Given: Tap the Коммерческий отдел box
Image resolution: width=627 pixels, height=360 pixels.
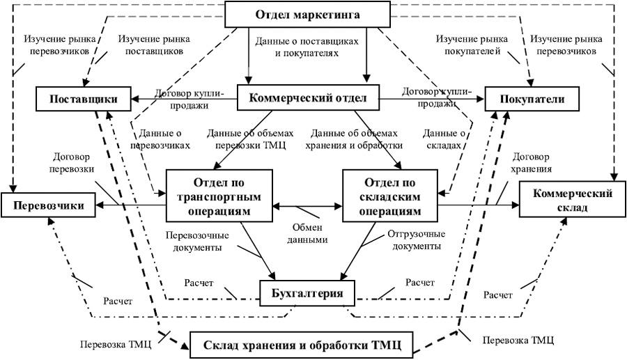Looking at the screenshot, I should click(x=307, y=98).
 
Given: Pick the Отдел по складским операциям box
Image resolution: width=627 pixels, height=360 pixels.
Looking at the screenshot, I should click(x=391, y=197).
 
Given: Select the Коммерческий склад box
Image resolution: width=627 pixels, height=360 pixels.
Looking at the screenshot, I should click(x=571, y=200).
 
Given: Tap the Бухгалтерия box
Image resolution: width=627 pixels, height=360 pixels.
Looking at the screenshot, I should click(x=307, y=292).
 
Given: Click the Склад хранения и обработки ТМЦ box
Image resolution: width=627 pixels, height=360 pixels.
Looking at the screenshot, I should click(x=301, y=343).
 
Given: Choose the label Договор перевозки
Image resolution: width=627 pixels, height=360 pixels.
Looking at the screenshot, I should click(x=72, y=163).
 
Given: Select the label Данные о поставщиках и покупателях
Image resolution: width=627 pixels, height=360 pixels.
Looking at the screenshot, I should click(x=307, y=47).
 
